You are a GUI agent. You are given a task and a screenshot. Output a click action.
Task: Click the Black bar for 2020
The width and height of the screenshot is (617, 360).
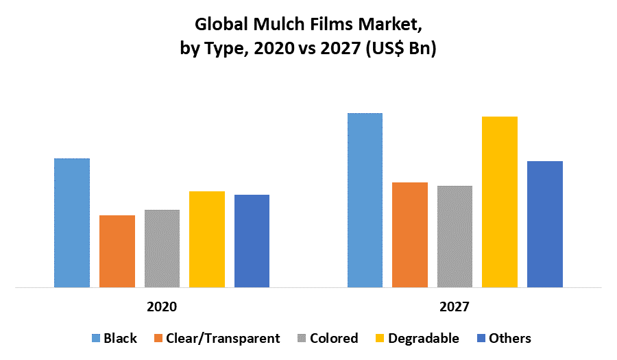72,223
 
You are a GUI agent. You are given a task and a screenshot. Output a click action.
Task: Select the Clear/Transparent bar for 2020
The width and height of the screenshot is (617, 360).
117,251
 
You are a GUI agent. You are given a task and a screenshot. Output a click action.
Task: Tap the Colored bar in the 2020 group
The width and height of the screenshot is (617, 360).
162,248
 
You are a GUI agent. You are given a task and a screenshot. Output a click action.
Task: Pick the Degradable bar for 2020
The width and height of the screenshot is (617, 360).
207,239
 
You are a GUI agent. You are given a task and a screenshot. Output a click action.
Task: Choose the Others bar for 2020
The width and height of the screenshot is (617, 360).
252,241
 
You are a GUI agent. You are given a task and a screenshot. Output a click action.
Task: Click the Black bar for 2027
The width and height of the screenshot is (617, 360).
365,200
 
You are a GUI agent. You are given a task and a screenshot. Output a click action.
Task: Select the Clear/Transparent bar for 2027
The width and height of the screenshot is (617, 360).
410,235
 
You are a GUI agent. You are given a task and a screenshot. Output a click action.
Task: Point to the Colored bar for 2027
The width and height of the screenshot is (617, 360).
455,237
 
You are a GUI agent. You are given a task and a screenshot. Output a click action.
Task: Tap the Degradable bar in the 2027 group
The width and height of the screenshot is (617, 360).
500,202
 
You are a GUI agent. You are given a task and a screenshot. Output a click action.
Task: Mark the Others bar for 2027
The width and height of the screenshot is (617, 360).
545,224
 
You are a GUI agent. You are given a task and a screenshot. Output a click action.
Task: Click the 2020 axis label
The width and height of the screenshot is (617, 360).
162,307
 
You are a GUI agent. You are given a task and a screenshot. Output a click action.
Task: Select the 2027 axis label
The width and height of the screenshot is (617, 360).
455,307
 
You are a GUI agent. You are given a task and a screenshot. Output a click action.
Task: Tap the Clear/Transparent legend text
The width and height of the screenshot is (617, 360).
223,338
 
